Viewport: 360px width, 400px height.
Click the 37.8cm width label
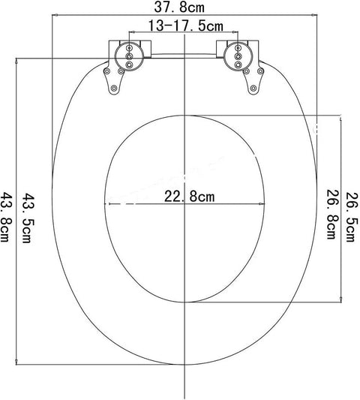[x=179, y=7]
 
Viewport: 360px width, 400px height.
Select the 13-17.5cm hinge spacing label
[x=185, y=26]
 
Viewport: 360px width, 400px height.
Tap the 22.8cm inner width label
[x=189, y=197]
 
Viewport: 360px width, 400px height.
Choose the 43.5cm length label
[x=27, y=218]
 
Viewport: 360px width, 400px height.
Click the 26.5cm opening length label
[x=352, y=217]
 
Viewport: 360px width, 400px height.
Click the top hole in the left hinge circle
[x=130, y=48]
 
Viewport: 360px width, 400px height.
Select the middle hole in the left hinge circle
[x=130, y=56]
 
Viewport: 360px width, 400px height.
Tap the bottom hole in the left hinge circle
[x=130, y=65]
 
